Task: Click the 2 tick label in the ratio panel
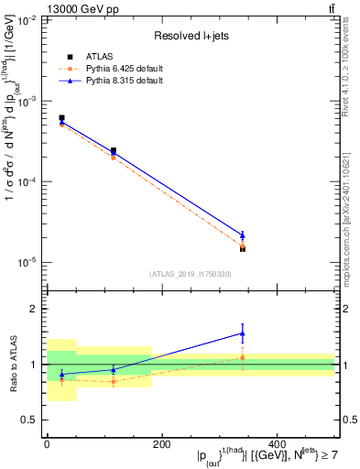[35, 310]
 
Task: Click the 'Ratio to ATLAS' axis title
[12, 365]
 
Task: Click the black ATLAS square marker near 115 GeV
[114, 151]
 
